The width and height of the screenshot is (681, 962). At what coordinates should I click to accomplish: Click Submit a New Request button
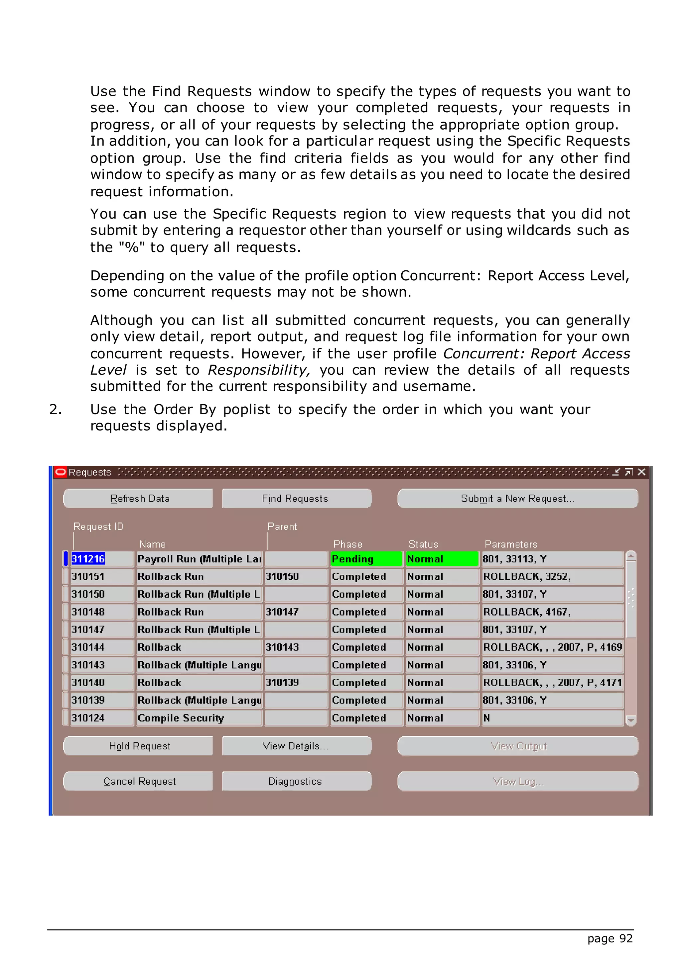pos(517,499)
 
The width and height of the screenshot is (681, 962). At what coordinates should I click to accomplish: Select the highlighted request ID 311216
pos(88,559)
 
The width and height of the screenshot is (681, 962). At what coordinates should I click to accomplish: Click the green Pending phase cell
pos(366,559)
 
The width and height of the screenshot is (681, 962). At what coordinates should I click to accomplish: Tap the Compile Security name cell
pos(199,718)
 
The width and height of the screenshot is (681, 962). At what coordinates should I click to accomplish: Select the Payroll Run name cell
pos(199,559)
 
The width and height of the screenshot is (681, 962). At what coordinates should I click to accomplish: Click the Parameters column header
pos(510,544)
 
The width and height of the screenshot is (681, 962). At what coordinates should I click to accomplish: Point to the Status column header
pos(423,544)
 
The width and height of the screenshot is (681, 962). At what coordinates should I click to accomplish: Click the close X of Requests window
pos(641,472)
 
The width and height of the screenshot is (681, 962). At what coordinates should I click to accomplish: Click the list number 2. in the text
pos(55,409)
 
